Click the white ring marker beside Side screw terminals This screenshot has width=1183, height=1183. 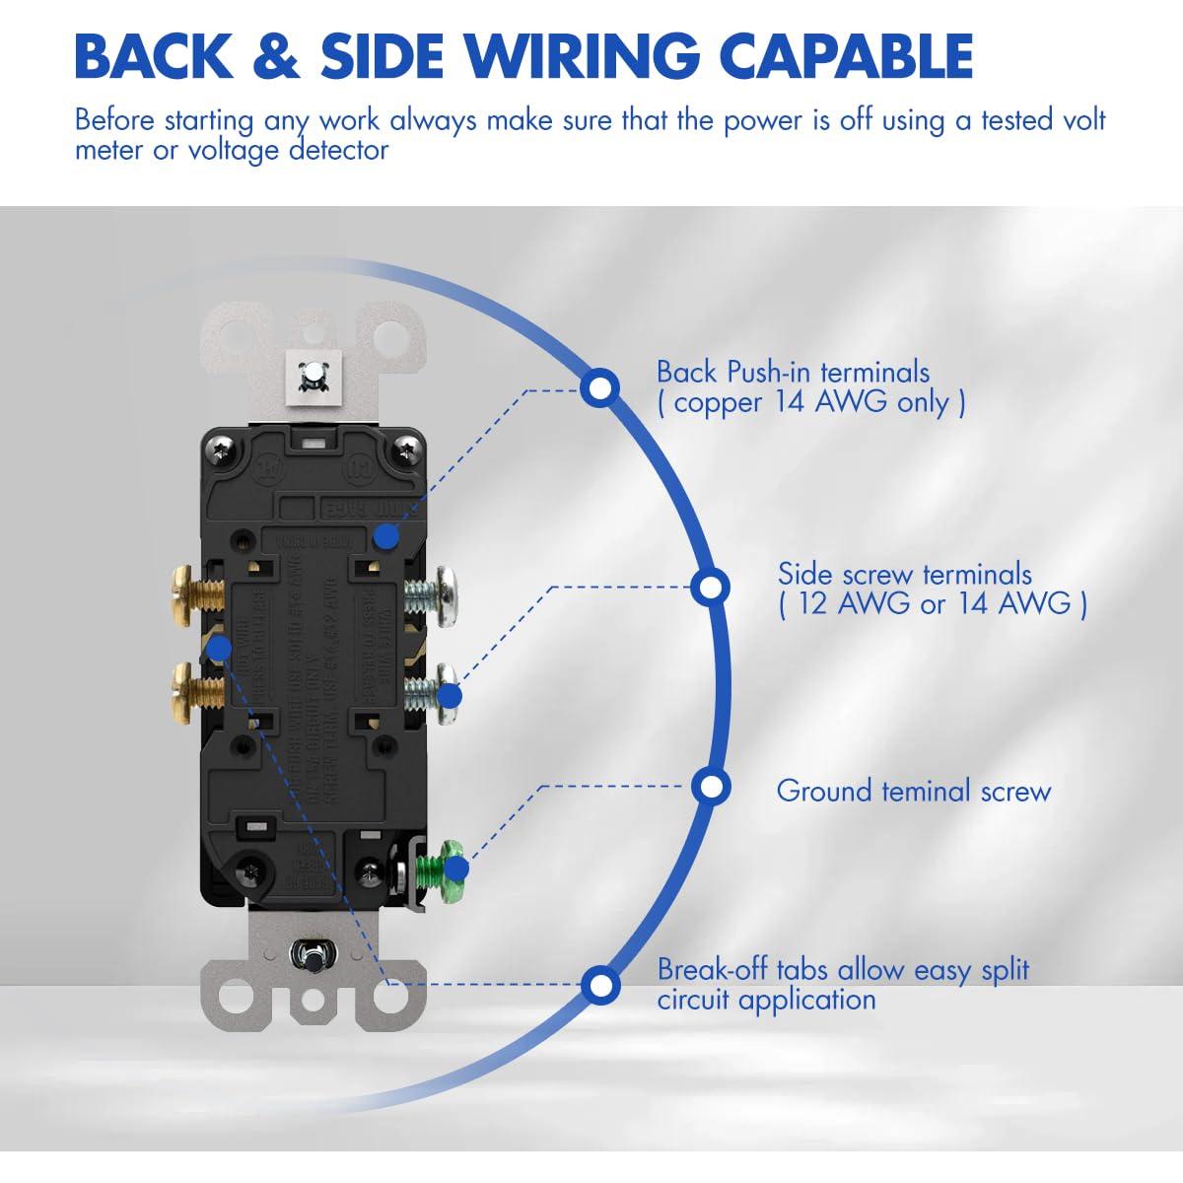tap(709, 588)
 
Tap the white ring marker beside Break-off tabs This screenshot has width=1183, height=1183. tap(599, 985)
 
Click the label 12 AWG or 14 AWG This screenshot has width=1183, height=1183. tap(933, 603)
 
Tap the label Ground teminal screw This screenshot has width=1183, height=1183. tap(914, 791)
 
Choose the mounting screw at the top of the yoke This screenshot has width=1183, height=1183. tap(311, 375)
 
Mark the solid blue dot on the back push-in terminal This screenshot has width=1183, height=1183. tap(386, 536)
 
